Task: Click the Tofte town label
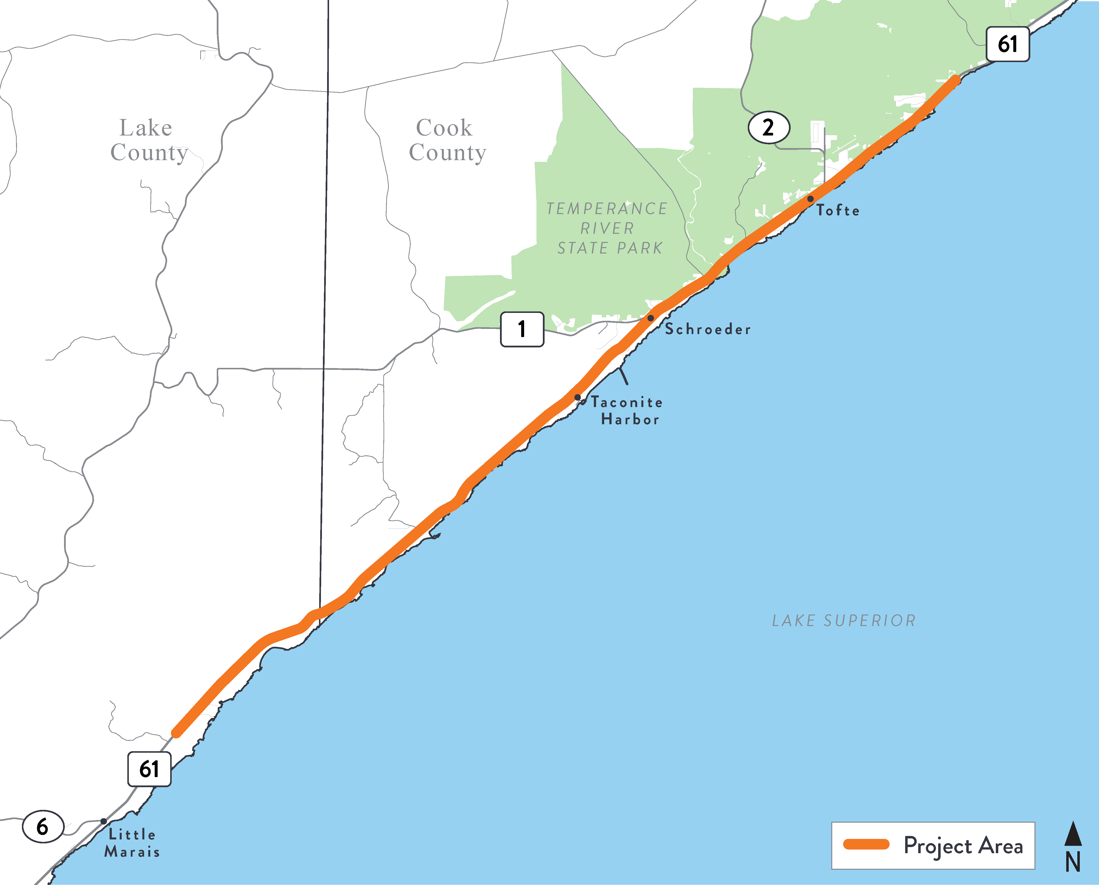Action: click(x=837, y=210)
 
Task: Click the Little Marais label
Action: click(x=132, y=843)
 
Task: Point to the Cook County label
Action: click(x=447, y=140)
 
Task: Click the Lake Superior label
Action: click(x=844, y=620)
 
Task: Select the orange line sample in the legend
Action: click(x=866, y=844)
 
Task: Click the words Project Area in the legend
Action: click(x=963, y=846)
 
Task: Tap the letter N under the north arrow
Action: click(x=1073, y=863)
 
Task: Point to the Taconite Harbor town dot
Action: click(x=578, y=397)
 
